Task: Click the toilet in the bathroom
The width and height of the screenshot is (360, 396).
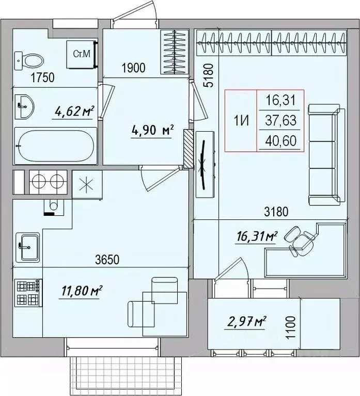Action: (x=29, y=60)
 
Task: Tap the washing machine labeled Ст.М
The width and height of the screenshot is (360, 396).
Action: (x=81, y=54)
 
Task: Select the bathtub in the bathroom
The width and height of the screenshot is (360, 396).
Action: (x=56, y=146)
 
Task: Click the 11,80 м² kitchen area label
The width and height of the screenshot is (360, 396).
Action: (x=81, y=291)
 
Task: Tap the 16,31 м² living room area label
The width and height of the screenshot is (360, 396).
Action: (x=256, y=237)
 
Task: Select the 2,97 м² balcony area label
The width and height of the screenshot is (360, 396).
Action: (x=245, y=323)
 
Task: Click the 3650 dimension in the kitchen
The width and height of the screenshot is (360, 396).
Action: (x=107, y=259)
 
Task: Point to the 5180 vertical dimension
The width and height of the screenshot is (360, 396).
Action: (x=209, y=75)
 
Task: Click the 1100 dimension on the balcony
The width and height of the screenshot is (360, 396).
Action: (x=291, y=327)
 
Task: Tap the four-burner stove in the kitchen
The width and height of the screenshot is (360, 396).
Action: (x=28, y=293)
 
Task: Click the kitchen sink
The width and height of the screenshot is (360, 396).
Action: (x=27, y=247)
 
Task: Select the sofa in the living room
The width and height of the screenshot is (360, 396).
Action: (x=326, y=155)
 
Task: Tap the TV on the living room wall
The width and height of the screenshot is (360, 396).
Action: (x=204, y=165)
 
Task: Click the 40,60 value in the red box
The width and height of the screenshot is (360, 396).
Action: (x=281, y=141)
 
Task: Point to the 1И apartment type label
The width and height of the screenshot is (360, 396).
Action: (x=242, y=121)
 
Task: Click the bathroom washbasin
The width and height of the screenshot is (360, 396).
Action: (x=24, y=106)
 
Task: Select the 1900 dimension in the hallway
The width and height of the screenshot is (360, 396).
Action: (x=133, y=68)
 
